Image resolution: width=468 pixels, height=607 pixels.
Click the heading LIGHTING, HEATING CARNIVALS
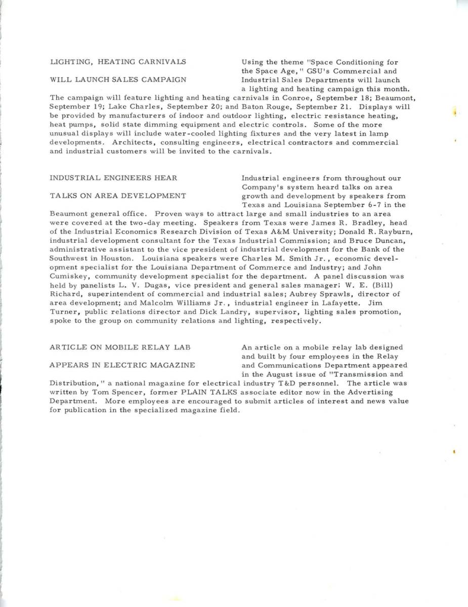tap(118, 62)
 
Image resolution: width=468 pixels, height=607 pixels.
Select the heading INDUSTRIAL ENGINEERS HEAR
tap(113, 178)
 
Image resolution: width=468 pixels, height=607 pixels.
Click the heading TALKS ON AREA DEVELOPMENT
tap(118, 196)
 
